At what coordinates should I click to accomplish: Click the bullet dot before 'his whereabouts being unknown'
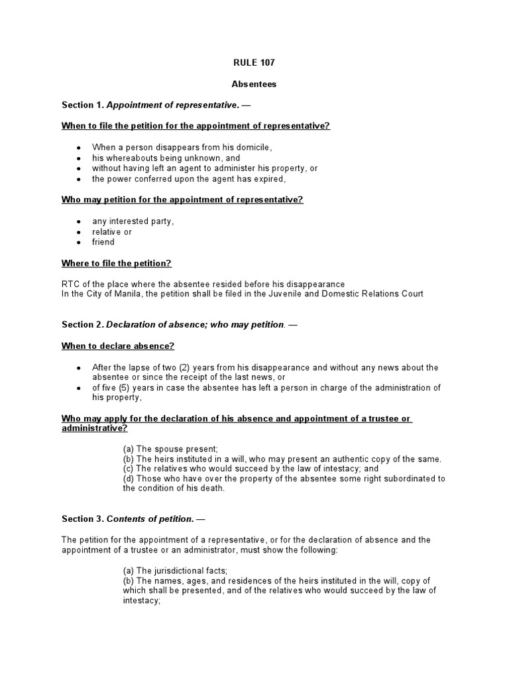[x=79, y=158]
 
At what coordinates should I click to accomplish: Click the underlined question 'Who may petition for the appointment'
[x=182, y=200]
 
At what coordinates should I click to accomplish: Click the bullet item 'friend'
[x=103, y=242]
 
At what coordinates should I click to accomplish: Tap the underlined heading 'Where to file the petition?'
[x=117, y=263]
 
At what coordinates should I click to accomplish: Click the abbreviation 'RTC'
[x=70, y=284]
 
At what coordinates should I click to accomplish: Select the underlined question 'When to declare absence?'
[x=118, y=346]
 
